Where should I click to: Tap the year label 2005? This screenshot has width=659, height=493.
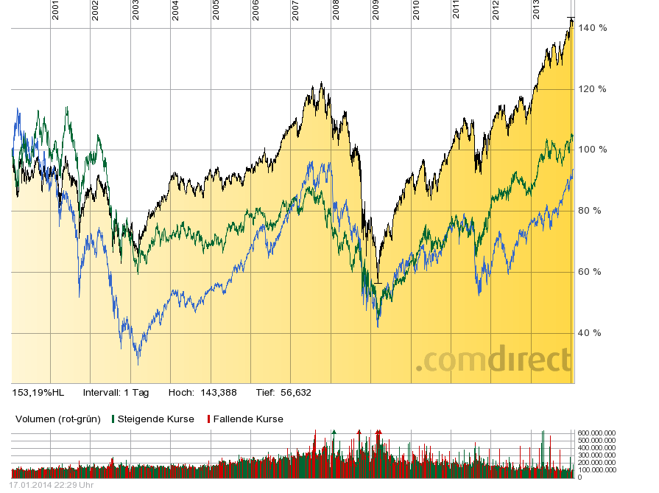click(x=216, y=10)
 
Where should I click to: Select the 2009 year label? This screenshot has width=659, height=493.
click(x=376, y=10)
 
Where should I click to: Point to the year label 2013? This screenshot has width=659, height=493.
click(x=536, y=10)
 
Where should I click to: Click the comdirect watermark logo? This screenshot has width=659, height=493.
click(x=493, y=360)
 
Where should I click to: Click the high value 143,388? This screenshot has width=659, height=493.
click(x=219, y=393)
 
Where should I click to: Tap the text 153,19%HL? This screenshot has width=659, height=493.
click(x=38, y=393)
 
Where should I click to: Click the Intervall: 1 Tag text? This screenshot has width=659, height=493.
click(x=116, y=393)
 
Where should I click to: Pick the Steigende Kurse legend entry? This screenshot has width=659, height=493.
click(x=155, y=419)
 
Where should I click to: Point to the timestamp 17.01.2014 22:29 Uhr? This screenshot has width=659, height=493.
click(x=51, y=486)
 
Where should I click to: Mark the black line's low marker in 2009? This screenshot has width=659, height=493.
click(x=378, y=282)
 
